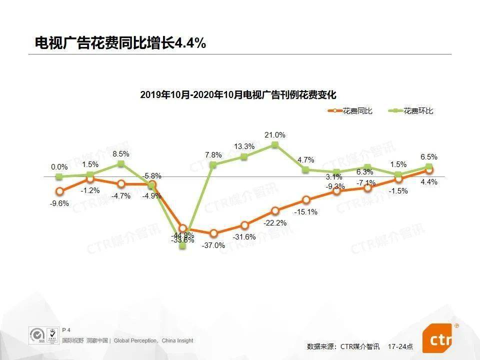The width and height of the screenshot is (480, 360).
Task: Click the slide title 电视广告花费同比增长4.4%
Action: (120, 43)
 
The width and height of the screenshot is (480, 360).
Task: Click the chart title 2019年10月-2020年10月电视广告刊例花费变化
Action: (238, 94)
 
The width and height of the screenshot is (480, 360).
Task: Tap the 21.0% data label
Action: (274, 135)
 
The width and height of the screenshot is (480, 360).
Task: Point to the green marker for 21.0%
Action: (274, 145)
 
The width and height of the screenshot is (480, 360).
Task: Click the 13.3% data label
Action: (244, 146)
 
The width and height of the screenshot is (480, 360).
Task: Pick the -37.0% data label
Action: (213, 245)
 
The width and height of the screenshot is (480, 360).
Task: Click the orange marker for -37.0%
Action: (213, 233)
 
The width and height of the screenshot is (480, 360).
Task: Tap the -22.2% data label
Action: (274, 223)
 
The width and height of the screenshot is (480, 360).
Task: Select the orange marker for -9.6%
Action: (59, 191)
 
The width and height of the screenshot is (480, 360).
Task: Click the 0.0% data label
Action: (59, 167)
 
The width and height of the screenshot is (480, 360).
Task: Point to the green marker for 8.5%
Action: (121, 163)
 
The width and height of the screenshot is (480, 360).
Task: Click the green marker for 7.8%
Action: (213, 164)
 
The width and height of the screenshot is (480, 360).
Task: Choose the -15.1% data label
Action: (305, 212)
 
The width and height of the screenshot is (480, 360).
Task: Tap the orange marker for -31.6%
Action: (244, 225)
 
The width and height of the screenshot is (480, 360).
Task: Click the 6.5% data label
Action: (429, 156)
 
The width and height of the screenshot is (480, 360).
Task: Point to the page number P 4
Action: (66, 330)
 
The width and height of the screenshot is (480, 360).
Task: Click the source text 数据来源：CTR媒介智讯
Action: (343, 346)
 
